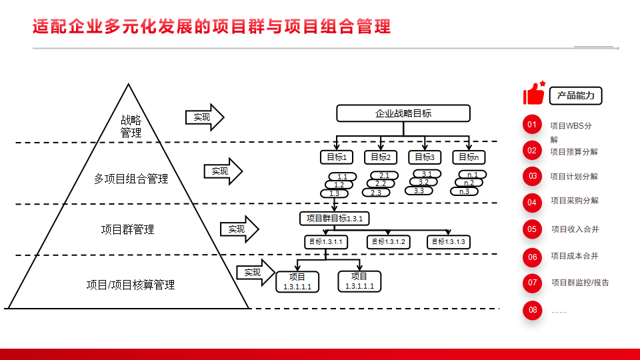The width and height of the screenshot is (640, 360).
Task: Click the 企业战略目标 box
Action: tap(403, 113)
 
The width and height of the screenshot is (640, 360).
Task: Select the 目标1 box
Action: tap(337, 157)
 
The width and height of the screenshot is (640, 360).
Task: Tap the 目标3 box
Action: tap(425, 157)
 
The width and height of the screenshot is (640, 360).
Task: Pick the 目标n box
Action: tap(469, 157)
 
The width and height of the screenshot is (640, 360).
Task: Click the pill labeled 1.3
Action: tap(334, 193)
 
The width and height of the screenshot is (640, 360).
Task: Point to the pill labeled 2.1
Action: tap(384, 175)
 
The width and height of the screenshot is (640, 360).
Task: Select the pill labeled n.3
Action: tap(464, 191)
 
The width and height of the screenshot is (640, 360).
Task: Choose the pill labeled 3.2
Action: tap(424, 182)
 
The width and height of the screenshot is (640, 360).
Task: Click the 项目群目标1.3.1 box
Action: tap(334, 219)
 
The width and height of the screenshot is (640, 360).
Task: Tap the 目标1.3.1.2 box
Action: tap(389, 242)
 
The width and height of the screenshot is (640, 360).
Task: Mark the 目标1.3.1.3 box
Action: tap(449, 242)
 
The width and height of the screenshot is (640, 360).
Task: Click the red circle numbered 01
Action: tap(532, 125)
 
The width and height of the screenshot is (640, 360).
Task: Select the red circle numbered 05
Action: tap(532, 229)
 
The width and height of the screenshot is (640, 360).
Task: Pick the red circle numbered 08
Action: tap(532, 310)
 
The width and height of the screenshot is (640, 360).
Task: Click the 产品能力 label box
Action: tap(575, 96)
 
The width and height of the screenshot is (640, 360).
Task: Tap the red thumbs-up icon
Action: tap(534, 93)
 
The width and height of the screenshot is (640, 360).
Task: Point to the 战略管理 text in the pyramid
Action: tap(131, 126)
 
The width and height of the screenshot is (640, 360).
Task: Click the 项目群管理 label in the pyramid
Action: tap(128, 229)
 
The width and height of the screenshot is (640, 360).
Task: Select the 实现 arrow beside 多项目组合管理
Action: tap(223, 171)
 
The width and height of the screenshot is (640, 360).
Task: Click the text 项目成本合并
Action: tap(575, 256)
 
